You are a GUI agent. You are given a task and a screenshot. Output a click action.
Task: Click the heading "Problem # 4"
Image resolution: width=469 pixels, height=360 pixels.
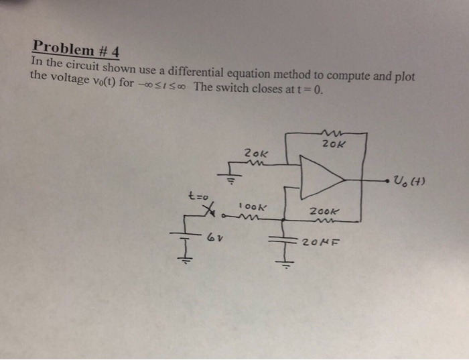(x=75, y=47)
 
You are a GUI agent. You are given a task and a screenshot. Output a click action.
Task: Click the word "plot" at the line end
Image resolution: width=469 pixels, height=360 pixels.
(x=405, y=77)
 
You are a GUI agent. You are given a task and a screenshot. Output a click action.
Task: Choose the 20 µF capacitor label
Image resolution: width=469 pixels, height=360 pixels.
(x=319, y=241)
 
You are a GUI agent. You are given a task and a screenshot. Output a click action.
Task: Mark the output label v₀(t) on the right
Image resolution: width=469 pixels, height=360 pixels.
(x=409, y=180)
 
